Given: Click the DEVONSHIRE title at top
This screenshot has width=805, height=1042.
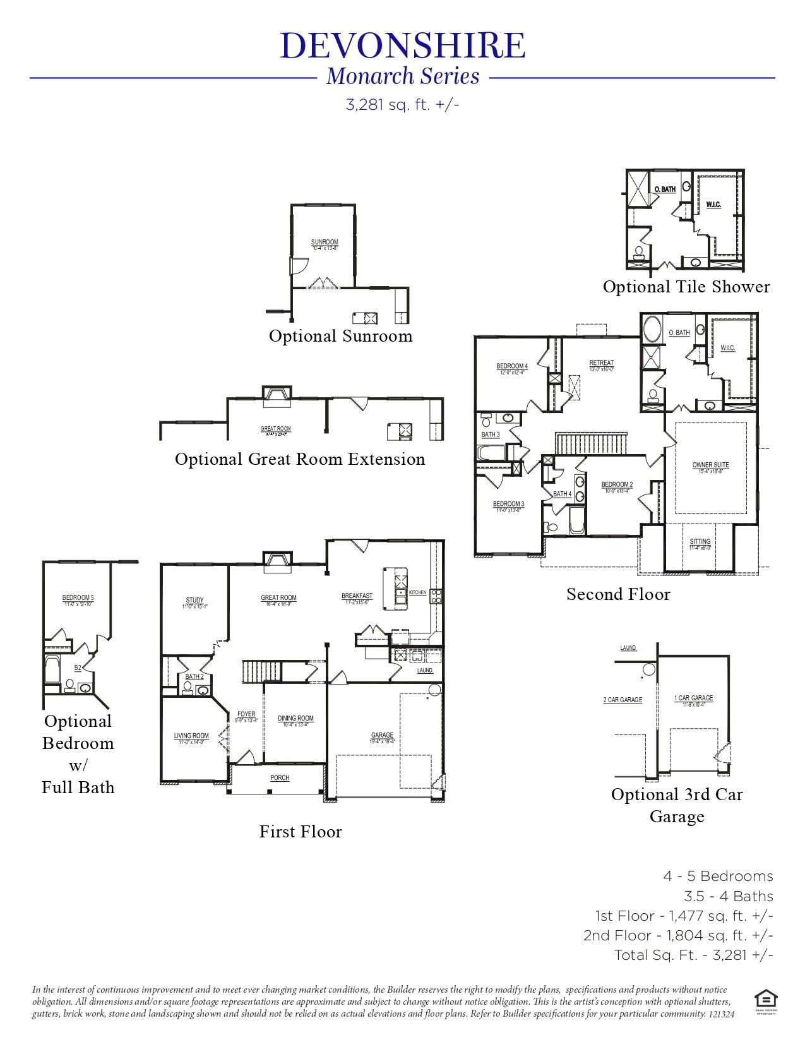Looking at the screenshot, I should pyautogui.click(x=402, y=45).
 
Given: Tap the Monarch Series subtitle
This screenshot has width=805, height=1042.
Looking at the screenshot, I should pyautogui.click(x=403, y=76).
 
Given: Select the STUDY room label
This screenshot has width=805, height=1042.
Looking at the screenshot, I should pyautogui.click(x=194, y=601).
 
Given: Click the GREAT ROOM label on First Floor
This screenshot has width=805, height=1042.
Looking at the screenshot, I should pyautogui.click(x=278, y=598).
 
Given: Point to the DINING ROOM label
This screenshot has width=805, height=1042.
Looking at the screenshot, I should pyautogui.click(x=295, y=719).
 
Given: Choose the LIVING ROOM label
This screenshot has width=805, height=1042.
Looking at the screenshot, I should pyautogui.click(x=191, y=736).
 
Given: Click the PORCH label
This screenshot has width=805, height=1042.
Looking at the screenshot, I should pyautogui.click(x=280, y=778).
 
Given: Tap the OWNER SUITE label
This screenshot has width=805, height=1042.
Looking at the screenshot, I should pyautogui.click(x=710, y=465).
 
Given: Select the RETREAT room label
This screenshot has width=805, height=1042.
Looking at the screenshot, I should pyautogui.click(x=601, y=363).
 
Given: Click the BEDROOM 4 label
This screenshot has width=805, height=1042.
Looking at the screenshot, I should pyautogui.click(x=512, y=366).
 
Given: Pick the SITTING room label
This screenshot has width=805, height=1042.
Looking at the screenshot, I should pyautogui.click(x=700, y=542).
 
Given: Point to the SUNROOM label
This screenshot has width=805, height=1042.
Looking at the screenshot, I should pyautogui.click(x=325, y=243).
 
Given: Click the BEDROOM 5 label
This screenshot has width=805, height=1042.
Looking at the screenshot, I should pyautogui.click(x=78, y=598).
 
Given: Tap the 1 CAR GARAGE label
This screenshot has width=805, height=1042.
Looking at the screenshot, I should pyautogui.click(x=693, y=698).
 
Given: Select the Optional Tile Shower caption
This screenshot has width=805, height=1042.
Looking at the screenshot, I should pyautogui.click(x=686, y=287).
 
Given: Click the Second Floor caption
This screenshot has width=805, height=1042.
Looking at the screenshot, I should pyautogui.click(x=618, y=594).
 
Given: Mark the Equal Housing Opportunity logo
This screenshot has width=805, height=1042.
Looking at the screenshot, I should pyautogui.click(x=765, y=1001).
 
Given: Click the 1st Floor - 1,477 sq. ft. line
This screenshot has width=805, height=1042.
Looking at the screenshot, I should pyautogui.click(x=684, y=916).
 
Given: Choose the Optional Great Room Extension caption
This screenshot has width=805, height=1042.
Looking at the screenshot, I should pyautogui.click(x=300, y=459).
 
